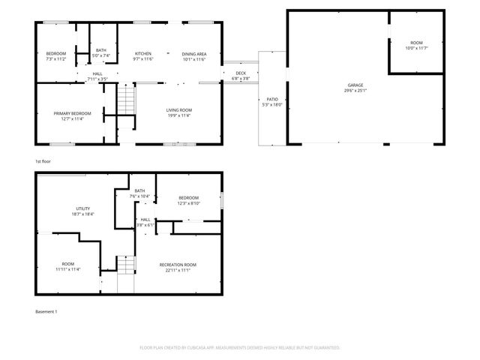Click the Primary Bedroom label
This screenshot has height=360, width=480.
72,113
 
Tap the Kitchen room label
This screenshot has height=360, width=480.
143,54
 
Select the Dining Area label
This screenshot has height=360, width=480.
194,54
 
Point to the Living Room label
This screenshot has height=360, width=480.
178,110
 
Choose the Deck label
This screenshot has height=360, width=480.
241,73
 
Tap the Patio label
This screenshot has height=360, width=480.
272,99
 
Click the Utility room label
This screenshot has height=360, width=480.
82,208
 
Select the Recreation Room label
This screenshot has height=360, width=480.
178,265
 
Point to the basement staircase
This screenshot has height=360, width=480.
126,265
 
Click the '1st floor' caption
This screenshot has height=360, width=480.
43,161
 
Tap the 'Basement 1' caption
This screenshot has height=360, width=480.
46,311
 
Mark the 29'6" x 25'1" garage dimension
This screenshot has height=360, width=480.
355,91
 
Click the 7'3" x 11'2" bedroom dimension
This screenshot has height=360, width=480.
56,59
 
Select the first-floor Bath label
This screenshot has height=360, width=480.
100,50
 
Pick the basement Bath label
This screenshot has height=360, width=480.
139,190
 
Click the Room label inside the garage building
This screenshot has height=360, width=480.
415,43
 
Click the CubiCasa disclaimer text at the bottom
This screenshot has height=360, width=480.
240,348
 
